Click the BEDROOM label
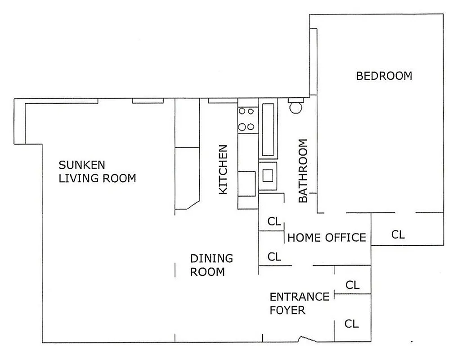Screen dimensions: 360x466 (384, 76)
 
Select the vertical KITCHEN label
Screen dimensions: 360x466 (223, 169)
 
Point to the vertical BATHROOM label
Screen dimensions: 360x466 (303, 171)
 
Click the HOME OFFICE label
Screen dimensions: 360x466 (327, 237)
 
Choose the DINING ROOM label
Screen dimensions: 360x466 (211, 265)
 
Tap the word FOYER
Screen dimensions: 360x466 (287, 310)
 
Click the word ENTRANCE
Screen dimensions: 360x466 (299, 297)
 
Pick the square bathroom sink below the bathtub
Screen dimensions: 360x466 (268, 175)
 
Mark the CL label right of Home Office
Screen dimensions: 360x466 (398, 234)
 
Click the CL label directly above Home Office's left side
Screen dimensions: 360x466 (274, 221)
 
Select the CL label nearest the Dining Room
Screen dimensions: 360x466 (274, 257)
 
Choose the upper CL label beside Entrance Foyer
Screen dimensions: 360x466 (352, 285)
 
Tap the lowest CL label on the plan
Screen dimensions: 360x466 (351, 324)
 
